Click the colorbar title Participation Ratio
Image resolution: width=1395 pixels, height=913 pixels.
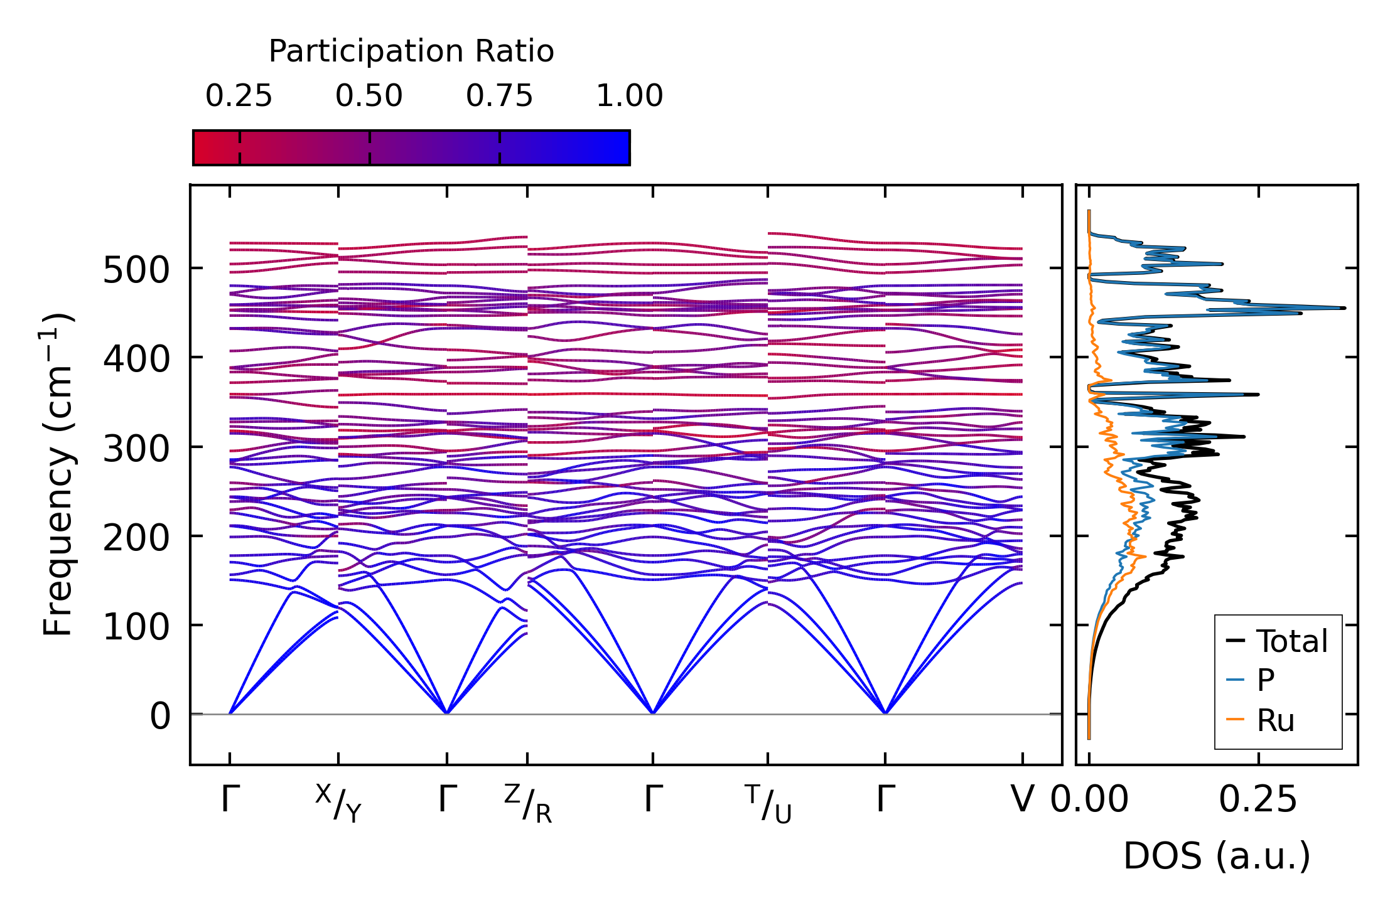point(411,51)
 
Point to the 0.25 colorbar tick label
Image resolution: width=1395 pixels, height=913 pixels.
point(239,96)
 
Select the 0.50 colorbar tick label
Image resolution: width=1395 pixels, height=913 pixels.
point(369,96)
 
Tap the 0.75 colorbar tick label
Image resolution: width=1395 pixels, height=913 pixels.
point(499,96)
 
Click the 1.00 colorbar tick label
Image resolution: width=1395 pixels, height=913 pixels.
point(629,96)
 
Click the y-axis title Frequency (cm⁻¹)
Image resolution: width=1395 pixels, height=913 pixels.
point(58,474)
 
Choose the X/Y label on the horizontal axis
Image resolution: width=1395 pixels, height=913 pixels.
point(338,803)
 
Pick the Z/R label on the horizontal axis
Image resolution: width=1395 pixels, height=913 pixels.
point(527,803)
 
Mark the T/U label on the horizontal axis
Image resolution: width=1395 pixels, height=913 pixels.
point(768,803)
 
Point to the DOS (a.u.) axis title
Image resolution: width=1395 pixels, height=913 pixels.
point(1217,856)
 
